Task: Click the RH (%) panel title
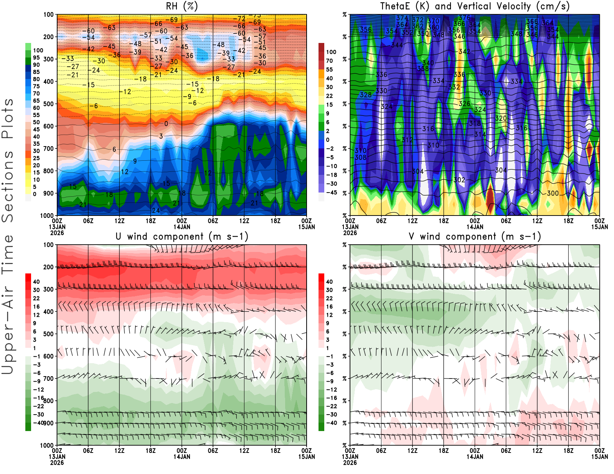pos(182,6)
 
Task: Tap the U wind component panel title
pos(182,236)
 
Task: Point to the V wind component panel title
pos(475,236)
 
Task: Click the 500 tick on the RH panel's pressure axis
pos(48,104)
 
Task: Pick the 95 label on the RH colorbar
pos(36,58)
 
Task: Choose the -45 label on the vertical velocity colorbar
pos(332,193)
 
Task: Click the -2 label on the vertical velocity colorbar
pos(330,148)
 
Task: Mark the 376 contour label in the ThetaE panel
pos(464,18)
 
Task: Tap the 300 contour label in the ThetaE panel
pos(553,193)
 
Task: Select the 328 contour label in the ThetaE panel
pos(366,95)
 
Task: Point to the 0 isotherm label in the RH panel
pos(166,124)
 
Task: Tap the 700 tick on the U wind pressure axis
pos(48,379)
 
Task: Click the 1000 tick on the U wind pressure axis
pos(47,446)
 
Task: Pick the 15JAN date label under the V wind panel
pos(599,457)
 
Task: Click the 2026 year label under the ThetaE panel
pos(350,233)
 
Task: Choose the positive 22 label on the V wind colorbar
pos(329,298)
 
